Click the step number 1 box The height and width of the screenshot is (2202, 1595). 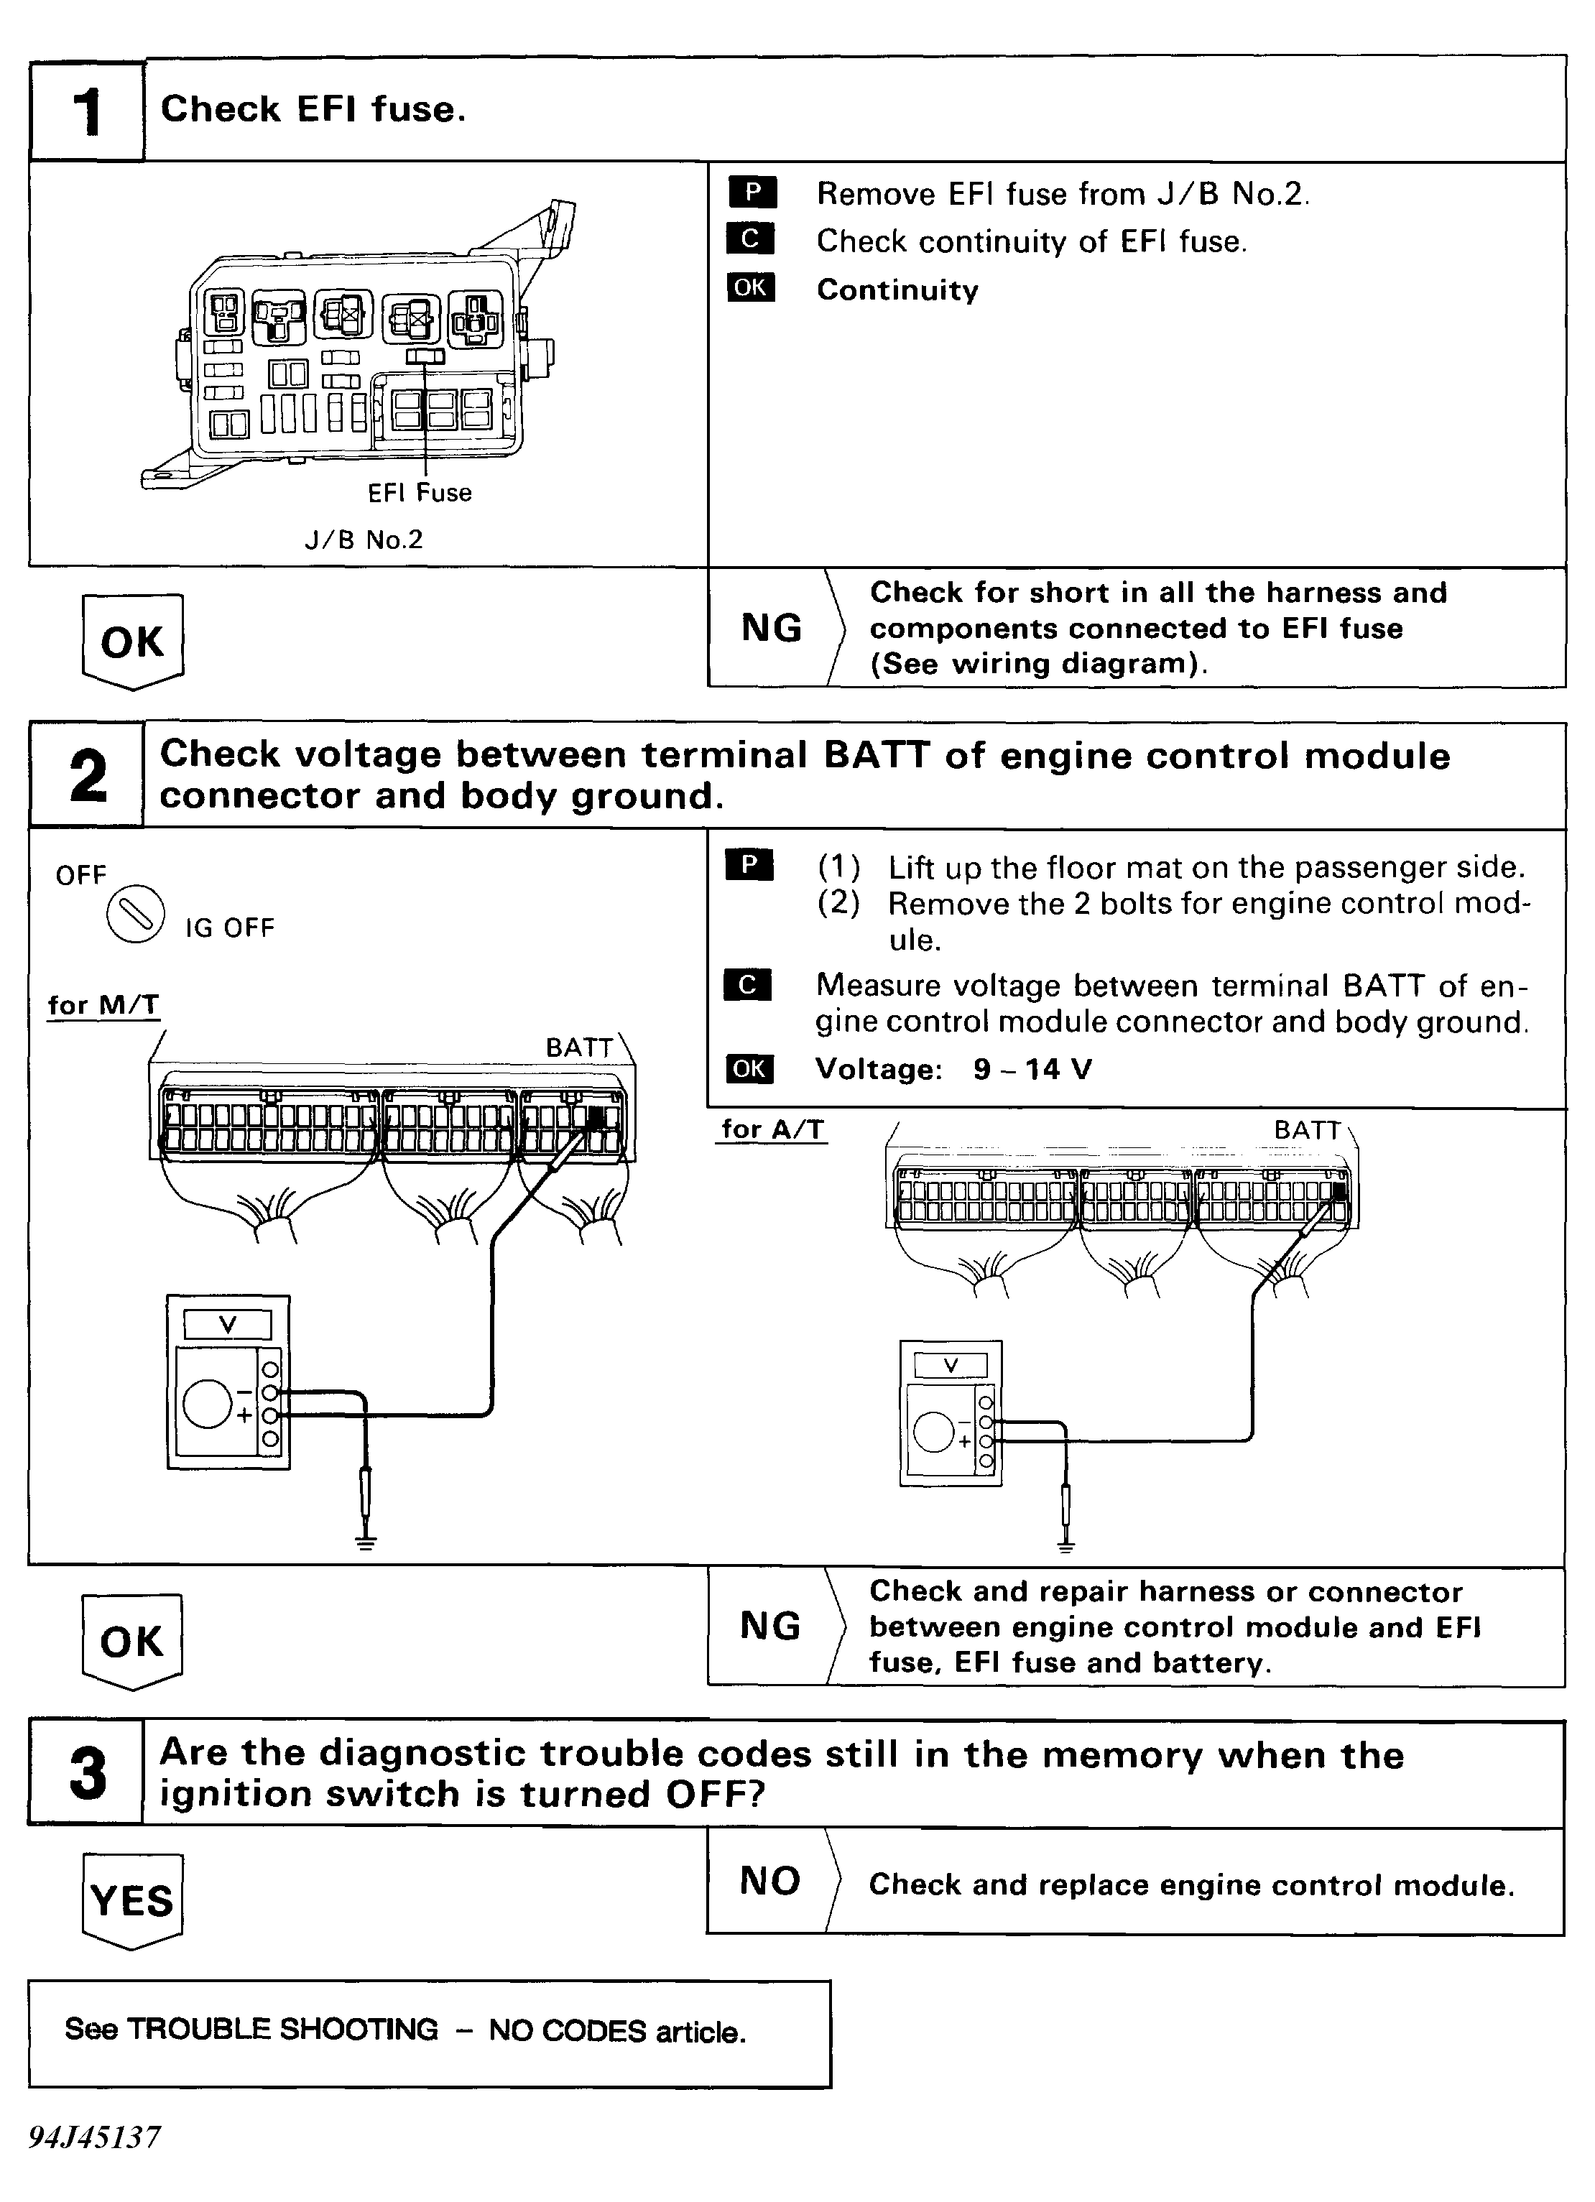[x=88, y=111]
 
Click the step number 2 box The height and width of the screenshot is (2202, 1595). [x=88, y=774]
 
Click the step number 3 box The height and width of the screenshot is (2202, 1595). [x=88, y=1773]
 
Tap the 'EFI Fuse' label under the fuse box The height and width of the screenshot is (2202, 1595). [x=420, y=494]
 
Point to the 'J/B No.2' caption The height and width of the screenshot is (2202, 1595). [x=364, y=540]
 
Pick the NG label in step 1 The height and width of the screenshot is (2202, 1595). [x=772, y=628]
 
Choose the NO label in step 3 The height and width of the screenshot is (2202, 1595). [x=769, y=1881]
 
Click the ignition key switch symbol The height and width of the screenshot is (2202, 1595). [x=135, y=915]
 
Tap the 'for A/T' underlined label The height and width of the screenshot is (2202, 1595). [x=772, y=1129]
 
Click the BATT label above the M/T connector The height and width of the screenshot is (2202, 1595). [x=580, y=1047]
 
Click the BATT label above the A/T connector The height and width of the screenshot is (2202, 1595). [x=1307, y=1130]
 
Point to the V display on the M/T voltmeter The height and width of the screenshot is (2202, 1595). [x=228, y=1324]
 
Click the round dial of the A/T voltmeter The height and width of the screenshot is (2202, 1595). [x=934, y=1432]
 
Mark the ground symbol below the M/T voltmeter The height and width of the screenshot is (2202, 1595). [x=365, y=1541]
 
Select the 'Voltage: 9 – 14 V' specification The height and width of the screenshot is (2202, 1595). [x=953, y=1069]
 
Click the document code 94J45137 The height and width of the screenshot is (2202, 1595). [x=94, y=2137]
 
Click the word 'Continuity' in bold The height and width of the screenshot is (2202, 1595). [x=897, y=290]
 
